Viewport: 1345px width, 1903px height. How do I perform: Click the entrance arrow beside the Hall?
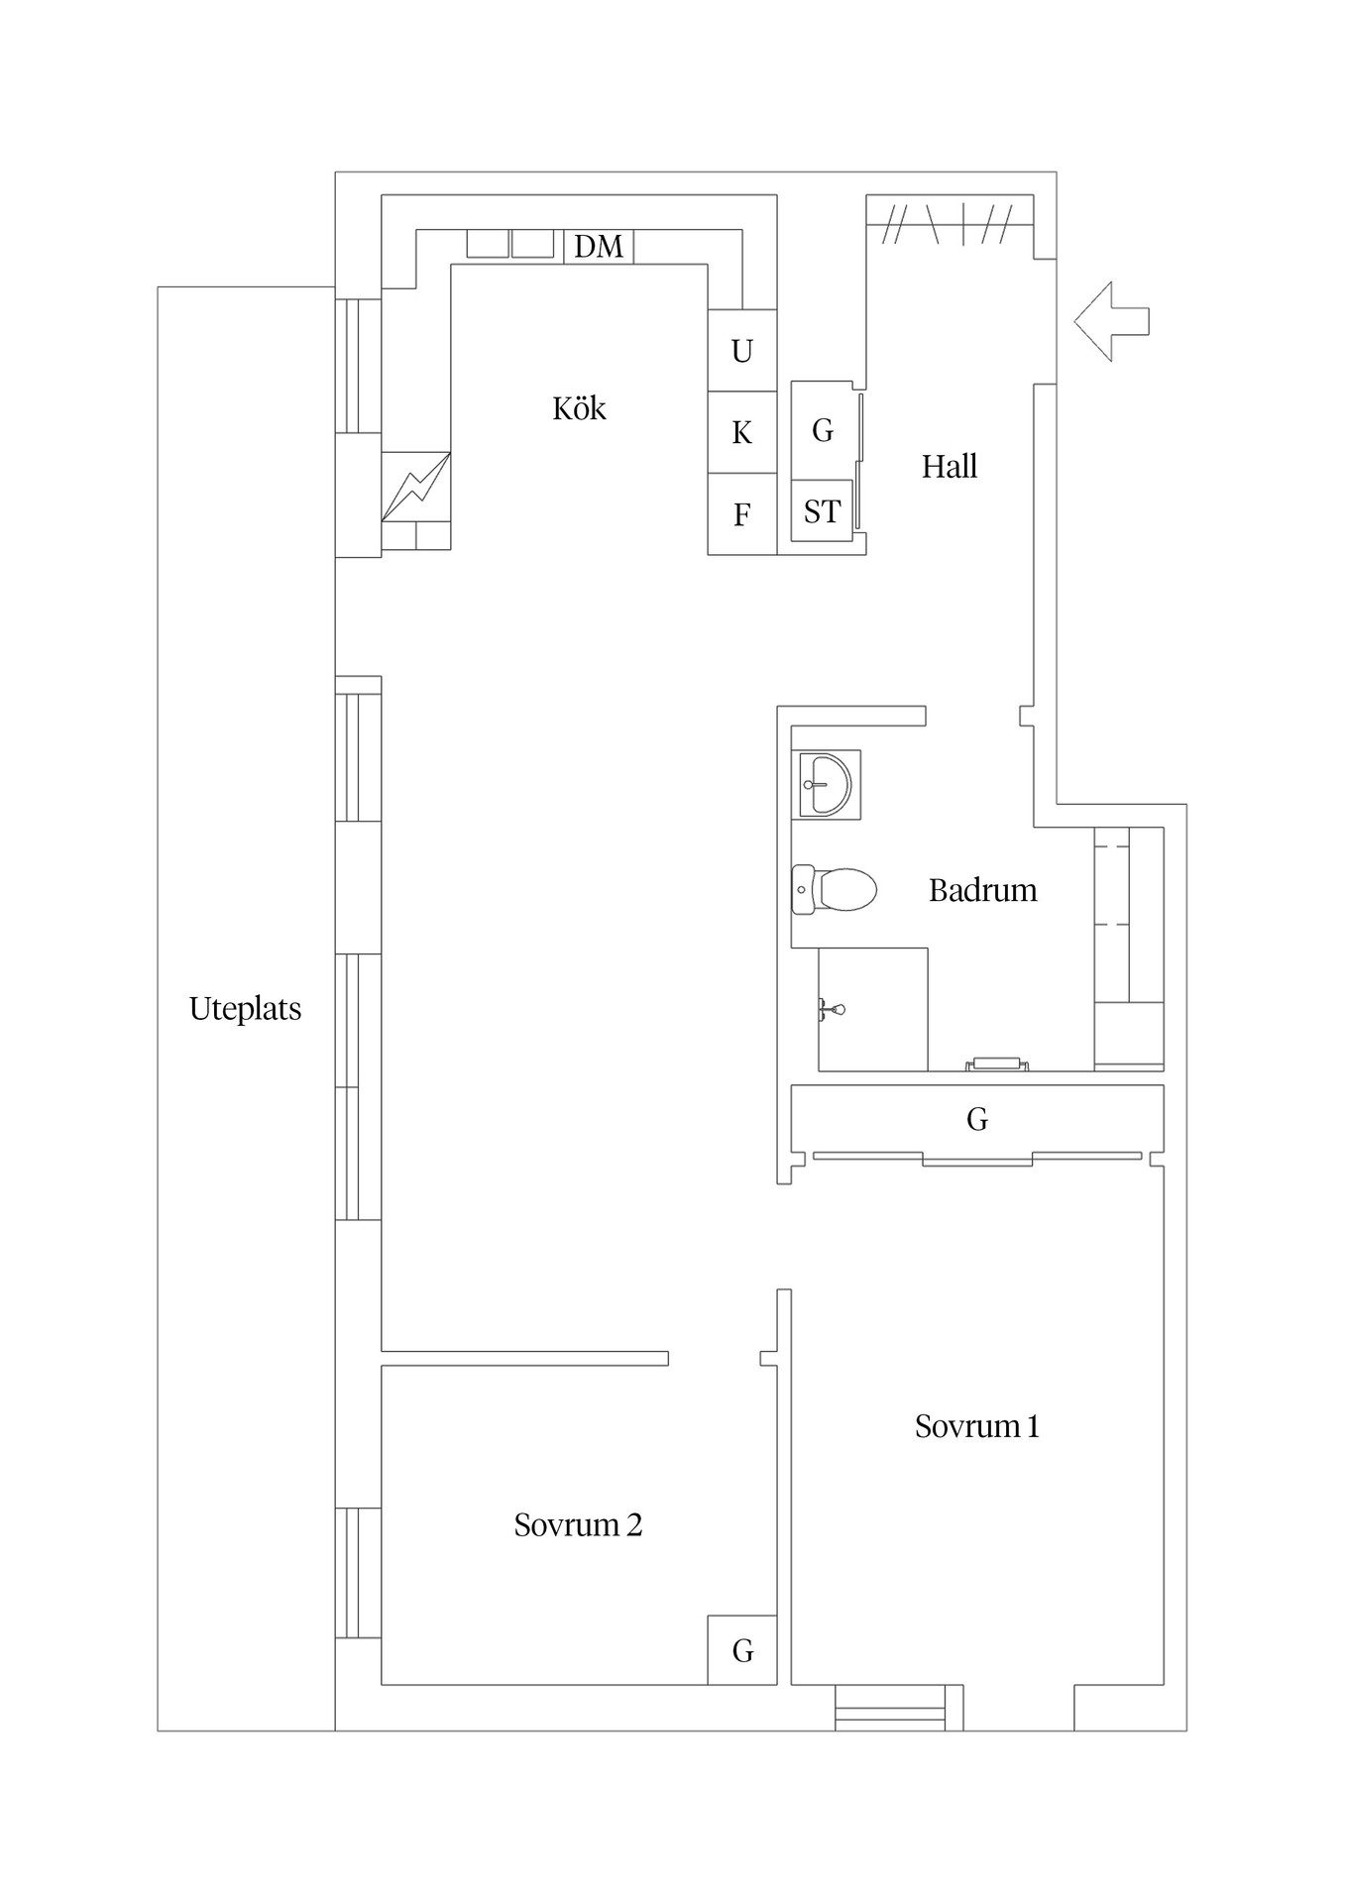[x=1110, y=321]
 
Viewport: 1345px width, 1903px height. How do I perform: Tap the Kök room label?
[x=579, y=408]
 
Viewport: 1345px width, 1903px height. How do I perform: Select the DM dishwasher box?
[x=599, y=246]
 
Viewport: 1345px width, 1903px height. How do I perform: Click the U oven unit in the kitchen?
[x=741, y=351]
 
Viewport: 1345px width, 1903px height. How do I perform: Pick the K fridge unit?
[x=741, y=432]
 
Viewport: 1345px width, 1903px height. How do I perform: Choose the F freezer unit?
[x=741, y=514]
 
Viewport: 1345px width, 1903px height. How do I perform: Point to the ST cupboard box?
[x=822, y=511]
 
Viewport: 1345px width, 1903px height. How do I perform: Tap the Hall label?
[x=950, y=466]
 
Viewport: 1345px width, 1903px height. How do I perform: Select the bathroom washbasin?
[x=825, y=784]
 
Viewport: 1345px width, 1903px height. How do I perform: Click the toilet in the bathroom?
[x=835, y=889]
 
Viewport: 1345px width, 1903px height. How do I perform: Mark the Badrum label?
[x=982, y=890]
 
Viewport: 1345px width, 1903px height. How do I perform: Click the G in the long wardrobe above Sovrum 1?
[x=977, y=1119]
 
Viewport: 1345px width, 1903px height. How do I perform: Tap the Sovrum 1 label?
[x=976, y=1426]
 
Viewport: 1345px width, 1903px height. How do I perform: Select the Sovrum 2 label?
[x=578, y=1524]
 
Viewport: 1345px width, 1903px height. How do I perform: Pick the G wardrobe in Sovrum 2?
[x=742, y=1650]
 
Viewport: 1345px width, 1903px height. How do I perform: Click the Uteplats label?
[x=245, y=1009]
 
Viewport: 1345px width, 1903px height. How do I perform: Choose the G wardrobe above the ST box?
[x=822, y=430]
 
